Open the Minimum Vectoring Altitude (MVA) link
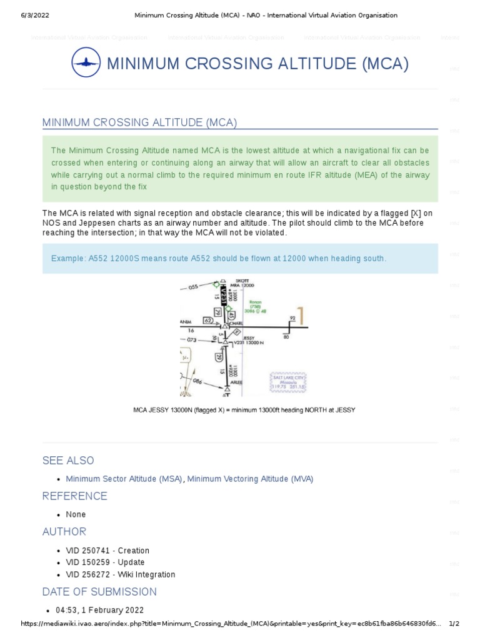point(250,479)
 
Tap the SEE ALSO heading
point(68,461)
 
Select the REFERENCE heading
point(74,496)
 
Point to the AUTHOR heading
point(64,532)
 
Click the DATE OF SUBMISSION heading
point(99,592)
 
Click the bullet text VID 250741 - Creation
point(107,551)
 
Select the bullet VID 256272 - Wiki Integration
point(120,574)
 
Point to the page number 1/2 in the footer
point(454,624)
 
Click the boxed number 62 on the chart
point(208,321)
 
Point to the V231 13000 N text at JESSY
point(247,343)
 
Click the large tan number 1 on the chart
point(302,317)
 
